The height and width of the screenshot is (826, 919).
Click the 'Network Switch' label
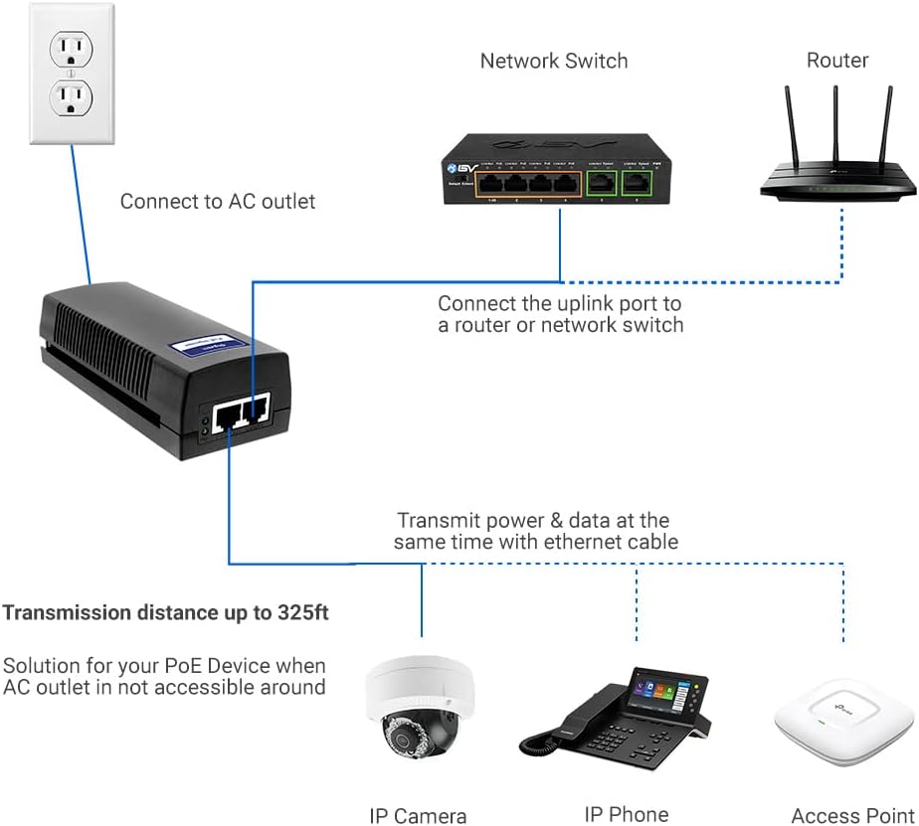point(554,61)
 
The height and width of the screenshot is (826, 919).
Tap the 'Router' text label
point(836,61)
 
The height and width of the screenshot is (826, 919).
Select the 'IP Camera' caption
point(418,816)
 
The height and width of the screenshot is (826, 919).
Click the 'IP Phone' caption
point(626,814)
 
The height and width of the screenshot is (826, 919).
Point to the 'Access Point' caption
point(852,816)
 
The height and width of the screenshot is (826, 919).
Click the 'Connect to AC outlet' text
point(218,202)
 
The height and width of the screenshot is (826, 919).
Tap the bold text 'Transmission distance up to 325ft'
point(165,612)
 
